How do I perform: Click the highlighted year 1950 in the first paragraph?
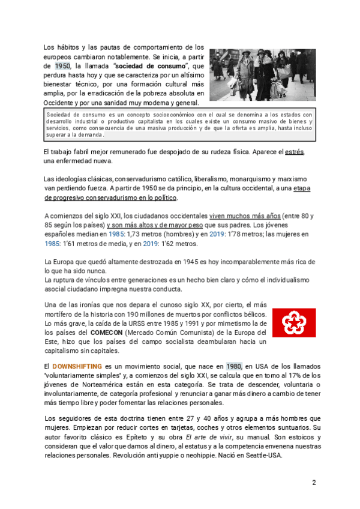tap(62, 65)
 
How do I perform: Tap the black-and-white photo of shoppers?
tap(263, 74)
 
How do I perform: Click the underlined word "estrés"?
tap(295, 152)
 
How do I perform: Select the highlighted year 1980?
tap(233, 366)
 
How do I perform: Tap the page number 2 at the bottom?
tap(313, 483)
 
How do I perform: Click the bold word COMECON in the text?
tap(108, 332)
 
